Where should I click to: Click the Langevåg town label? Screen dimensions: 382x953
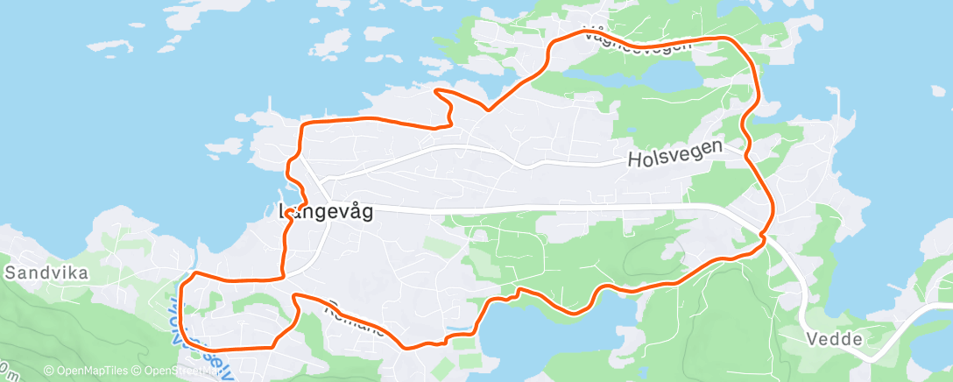[x=326, y=211]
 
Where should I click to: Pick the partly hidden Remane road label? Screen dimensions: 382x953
[x=355, y=320]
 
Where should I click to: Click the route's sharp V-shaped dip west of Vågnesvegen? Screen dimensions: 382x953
[x=487, y=110]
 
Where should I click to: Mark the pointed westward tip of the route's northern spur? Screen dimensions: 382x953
[x=437, y=90]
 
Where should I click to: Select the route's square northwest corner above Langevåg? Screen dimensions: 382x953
[x=303, y=124]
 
